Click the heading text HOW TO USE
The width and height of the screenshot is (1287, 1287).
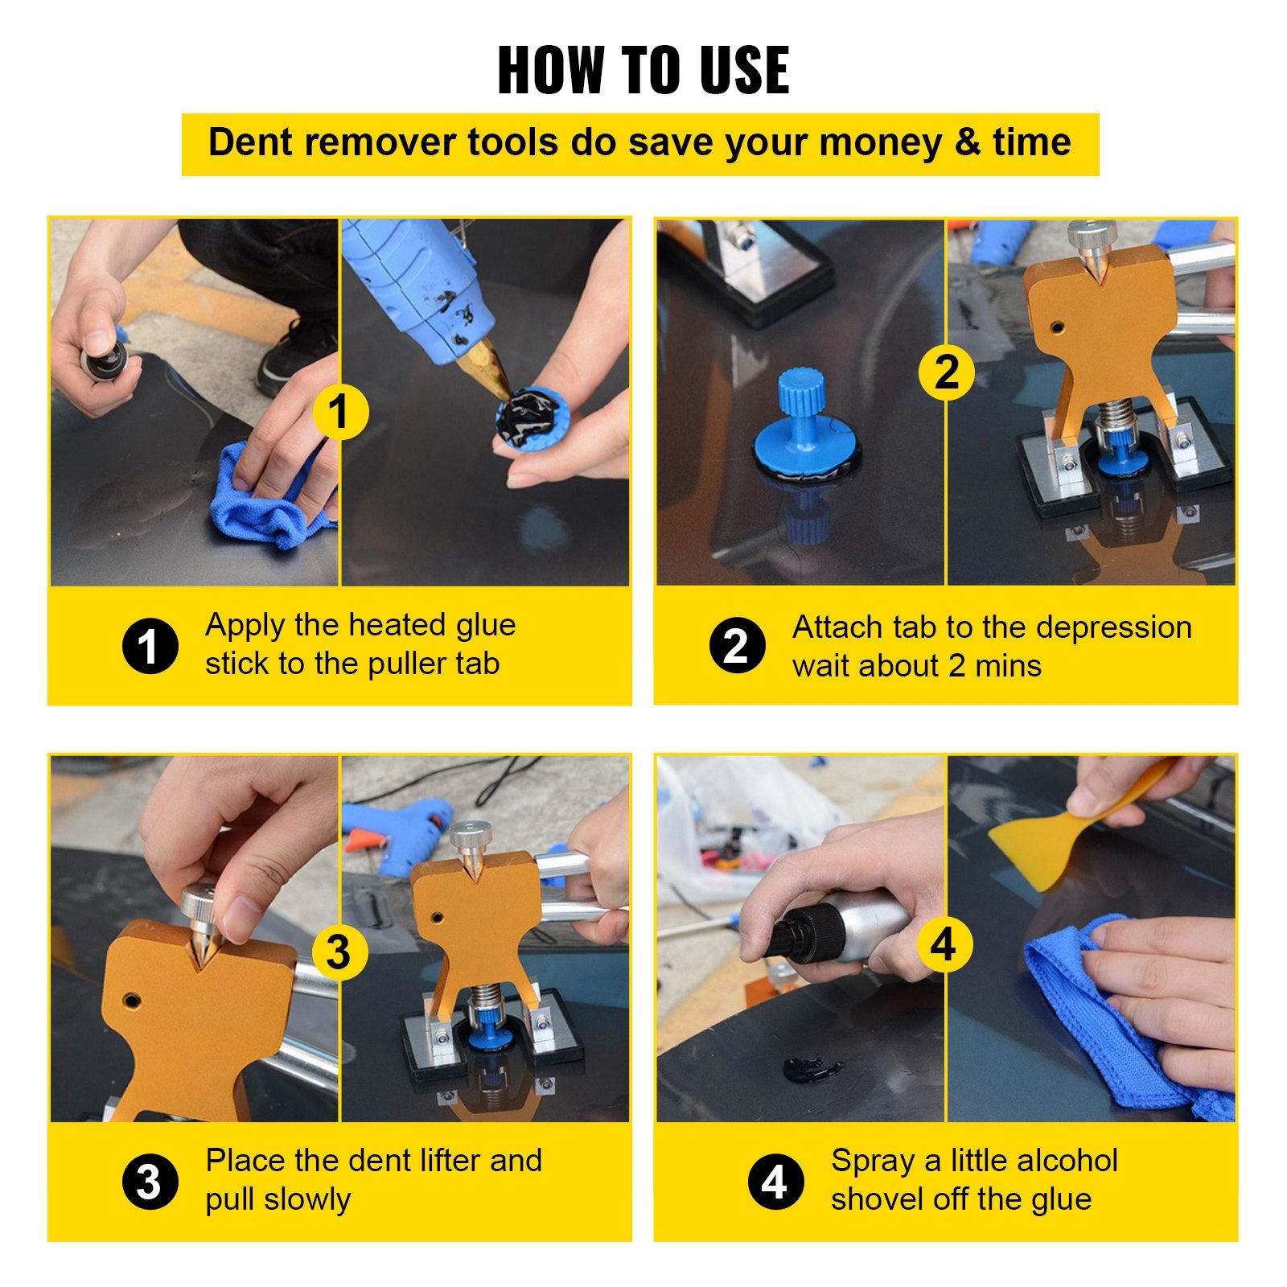[x=643, y=71]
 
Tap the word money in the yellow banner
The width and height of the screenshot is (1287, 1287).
[x=880, y=143]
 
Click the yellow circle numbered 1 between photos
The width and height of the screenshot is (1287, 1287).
[x=339, y=412]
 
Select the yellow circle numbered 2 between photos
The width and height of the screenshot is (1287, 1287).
[x=946, y=372]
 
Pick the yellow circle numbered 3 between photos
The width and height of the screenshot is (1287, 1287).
[x=339, y=952]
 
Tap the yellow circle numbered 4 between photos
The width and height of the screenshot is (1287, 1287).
[x=944, y=944]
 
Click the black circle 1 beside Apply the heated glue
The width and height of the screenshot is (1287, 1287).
[x=150, y=646]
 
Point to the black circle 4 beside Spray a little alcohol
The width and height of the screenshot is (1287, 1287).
[x=775, y=1182]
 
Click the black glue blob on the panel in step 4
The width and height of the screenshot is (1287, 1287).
[x=812, y=1069]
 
